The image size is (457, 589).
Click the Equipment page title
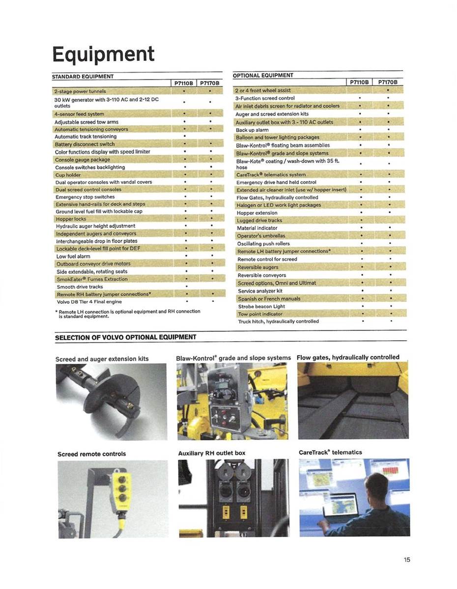click(103, 54)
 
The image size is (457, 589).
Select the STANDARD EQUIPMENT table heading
click(83, 77)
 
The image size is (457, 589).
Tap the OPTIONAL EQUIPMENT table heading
click(263, 76)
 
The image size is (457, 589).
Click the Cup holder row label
click(68, 175)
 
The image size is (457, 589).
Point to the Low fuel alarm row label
click(73, 256)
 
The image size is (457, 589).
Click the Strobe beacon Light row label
click(261, 306)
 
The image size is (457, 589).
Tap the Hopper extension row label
click(257, 213)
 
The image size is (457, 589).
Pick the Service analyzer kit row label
click(260, 291)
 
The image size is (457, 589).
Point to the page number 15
click(407, 560)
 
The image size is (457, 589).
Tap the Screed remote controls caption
click(91, 454)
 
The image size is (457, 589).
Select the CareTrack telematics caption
click(330, 452)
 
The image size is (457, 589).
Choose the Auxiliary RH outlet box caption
click(212, 453)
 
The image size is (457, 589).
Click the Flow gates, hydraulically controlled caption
click(348, 357)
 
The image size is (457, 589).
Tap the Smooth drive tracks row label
click(80, 287)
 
